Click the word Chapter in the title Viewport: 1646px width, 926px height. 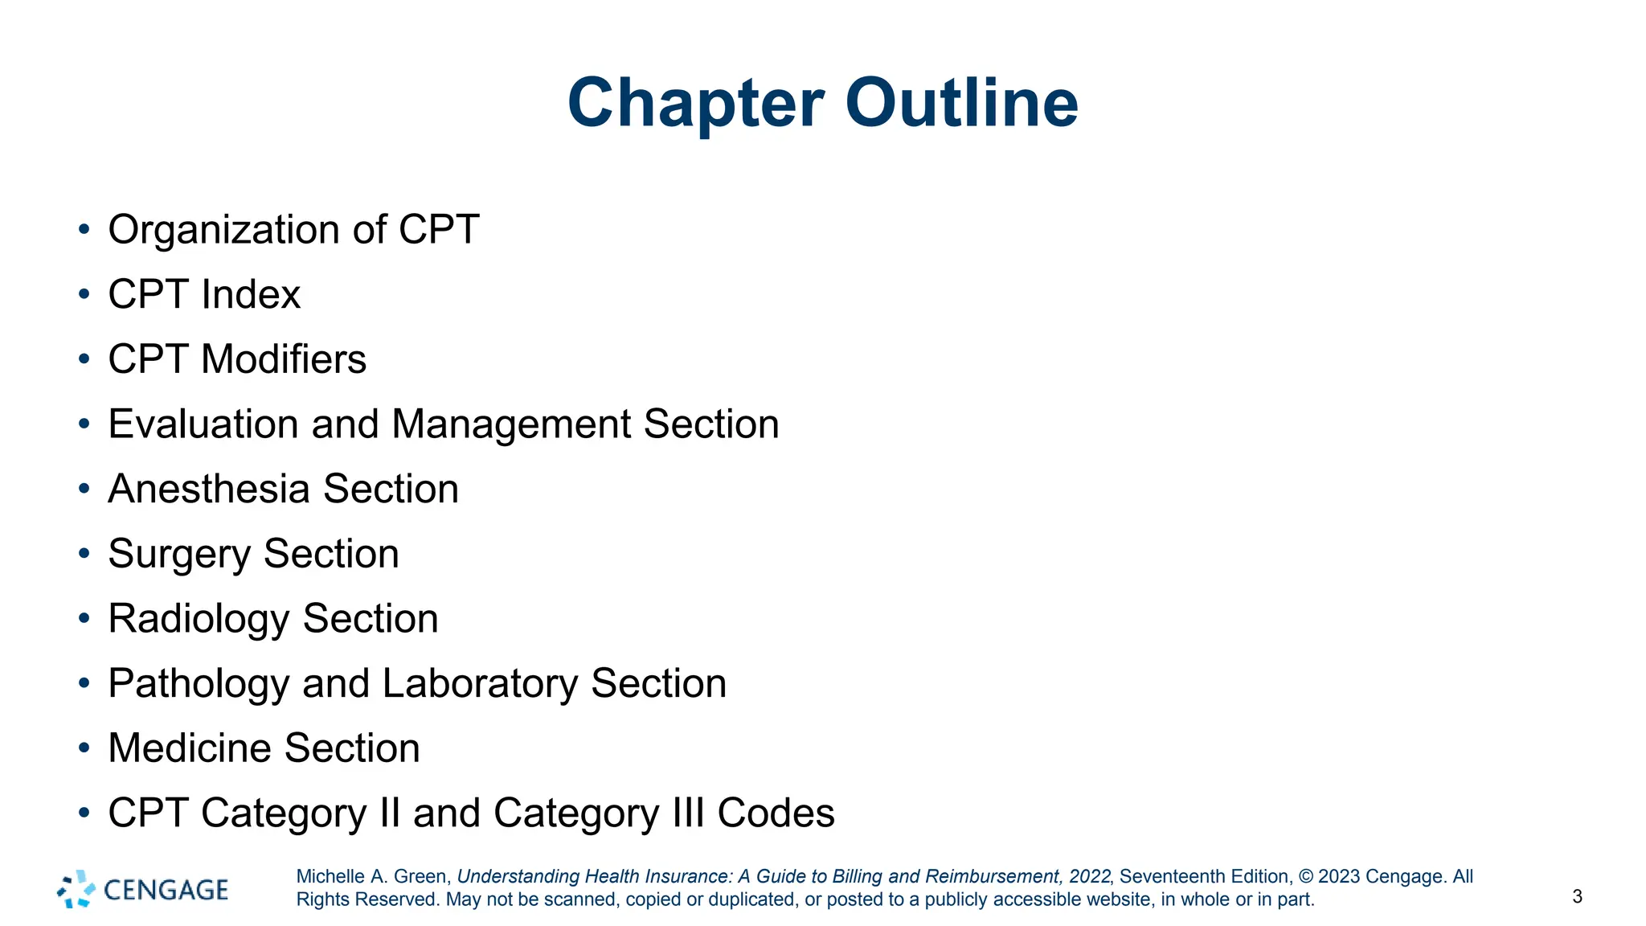point(695,103)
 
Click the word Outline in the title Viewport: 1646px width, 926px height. point(961,103)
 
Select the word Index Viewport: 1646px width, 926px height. point(251,294)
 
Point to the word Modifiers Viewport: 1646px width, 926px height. point(283,359)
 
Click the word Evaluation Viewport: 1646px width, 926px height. point(203,424)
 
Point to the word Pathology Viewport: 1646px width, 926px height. point(199,684)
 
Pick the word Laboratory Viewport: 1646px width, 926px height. point(480,684)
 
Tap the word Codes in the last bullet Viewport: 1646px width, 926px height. point(776,813)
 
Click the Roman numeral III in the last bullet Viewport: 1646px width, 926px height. point(688,813)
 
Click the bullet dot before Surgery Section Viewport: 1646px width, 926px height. point(84,554)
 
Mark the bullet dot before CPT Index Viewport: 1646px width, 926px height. point(84,294)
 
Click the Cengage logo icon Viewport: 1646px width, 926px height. point(76,889)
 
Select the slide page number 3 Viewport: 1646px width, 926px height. point(1577,897)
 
